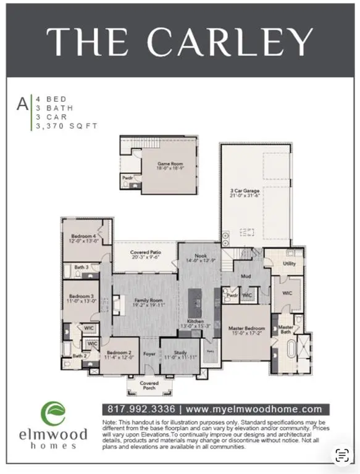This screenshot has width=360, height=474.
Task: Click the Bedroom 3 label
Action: [x=81, y=298]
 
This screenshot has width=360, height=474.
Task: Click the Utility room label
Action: [x=289, y=264]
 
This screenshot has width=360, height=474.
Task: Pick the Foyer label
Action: [x=149, y=354]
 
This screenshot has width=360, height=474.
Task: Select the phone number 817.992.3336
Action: [x=138, y=409]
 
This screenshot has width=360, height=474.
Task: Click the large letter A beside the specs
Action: [x=22, y=104]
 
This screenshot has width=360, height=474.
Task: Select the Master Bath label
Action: [x=285, y=330]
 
